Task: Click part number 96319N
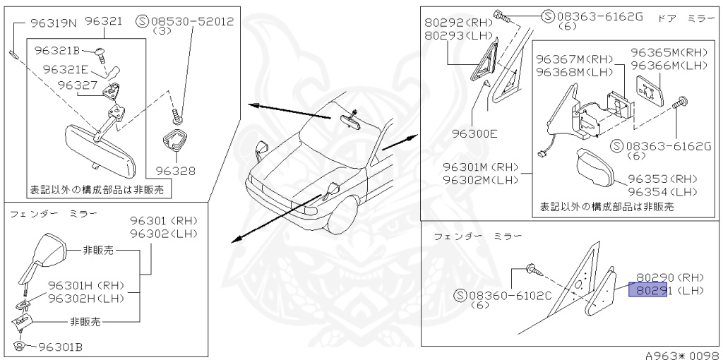pyautogui.click(x=54, y=23)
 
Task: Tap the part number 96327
pyautogui.click(x=78, y=84)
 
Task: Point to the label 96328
pyautogui.click(x=174, y=171)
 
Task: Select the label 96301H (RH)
pyautogui.click(x=85, y=286)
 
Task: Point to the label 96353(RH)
pyautogui.click(x=661, y=179)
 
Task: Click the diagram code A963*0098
pyautogui.click(x=682, y=354)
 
